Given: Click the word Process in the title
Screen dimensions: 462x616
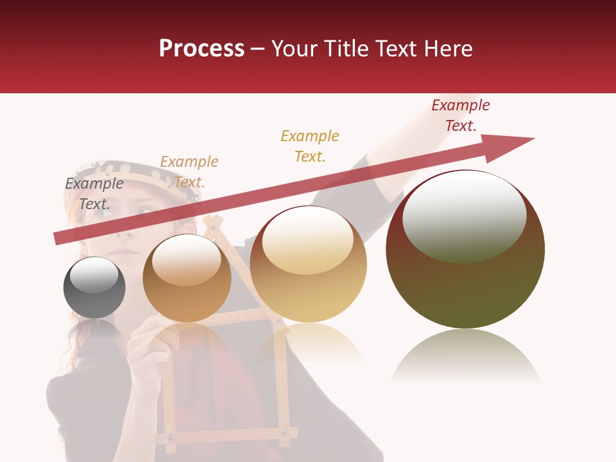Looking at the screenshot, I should click(201, 49).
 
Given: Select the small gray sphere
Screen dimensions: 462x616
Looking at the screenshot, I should click(94, 296).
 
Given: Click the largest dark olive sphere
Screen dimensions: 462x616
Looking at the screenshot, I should click(465, 282).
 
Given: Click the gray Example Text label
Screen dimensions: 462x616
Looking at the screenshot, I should click(94, 194).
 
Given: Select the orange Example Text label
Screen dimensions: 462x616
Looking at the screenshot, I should click(189, 172).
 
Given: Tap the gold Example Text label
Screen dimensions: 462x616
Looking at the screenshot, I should click(310, 146).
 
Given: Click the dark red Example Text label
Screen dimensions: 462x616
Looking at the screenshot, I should click(461, 116).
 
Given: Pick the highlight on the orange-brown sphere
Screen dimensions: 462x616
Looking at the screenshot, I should click(187, 260).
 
